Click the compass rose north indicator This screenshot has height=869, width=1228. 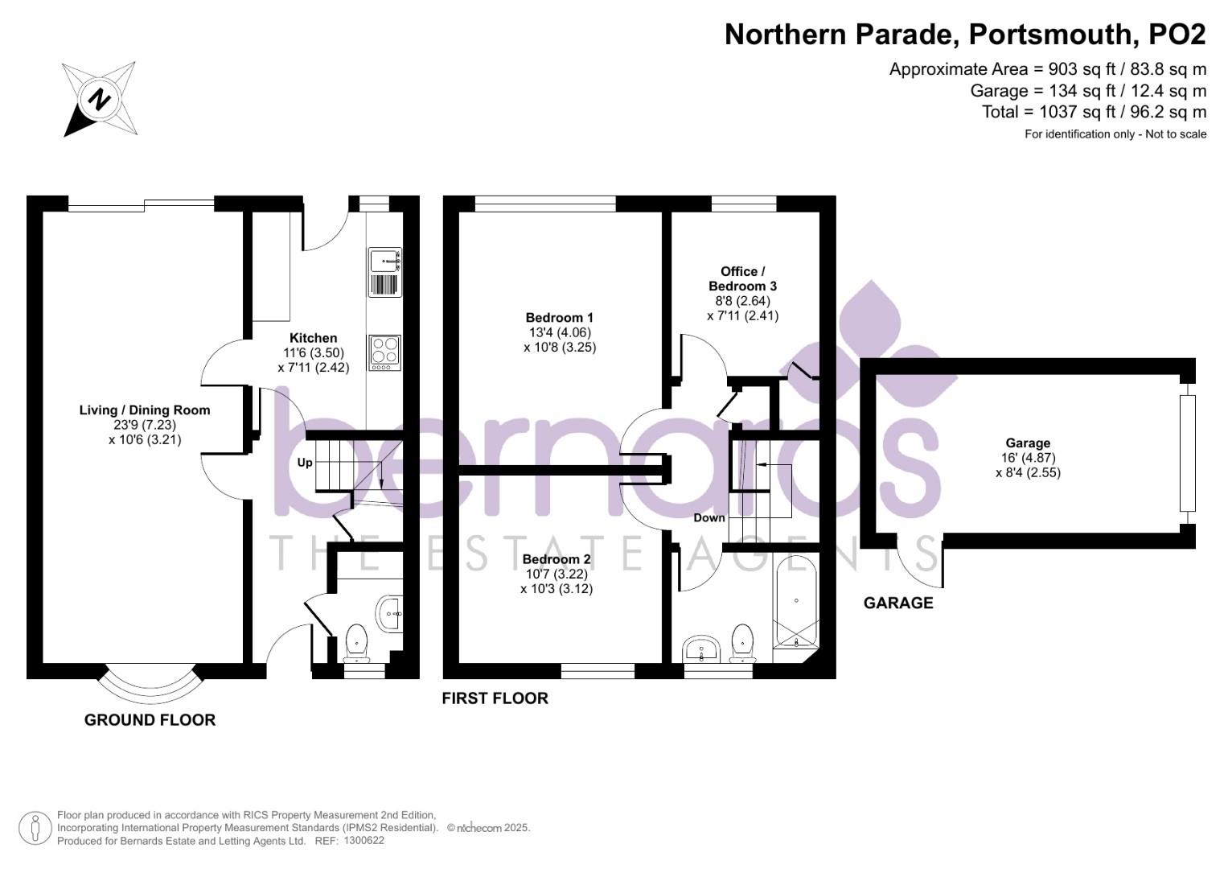[x=100, y=99]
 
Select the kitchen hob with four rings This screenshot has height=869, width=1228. [x=384, y=352]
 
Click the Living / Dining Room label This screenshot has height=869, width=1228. [x=145, y=410]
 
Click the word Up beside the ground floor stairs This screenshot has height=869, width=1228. [x=305, y=463]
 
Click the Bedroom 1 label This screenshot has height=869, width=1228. [x=559, y=318]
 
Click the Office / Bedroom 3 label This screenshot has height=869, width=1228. [x=742, y=278]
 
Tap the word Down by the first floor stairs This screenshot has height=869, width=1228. [x=709, y=517]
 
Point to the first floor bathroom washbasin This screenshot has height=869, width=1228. [x=702, y=649]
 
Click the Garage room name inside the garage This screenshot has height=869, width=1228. [x=1028, y=443]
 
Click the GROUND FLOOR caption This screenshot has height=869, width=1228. [x=150, y=720]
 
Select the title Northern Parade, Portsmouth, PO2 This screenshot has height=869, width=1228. [x=965, y=35]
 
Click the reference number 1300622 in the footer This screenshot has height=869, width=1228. [x=364, y=841]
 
